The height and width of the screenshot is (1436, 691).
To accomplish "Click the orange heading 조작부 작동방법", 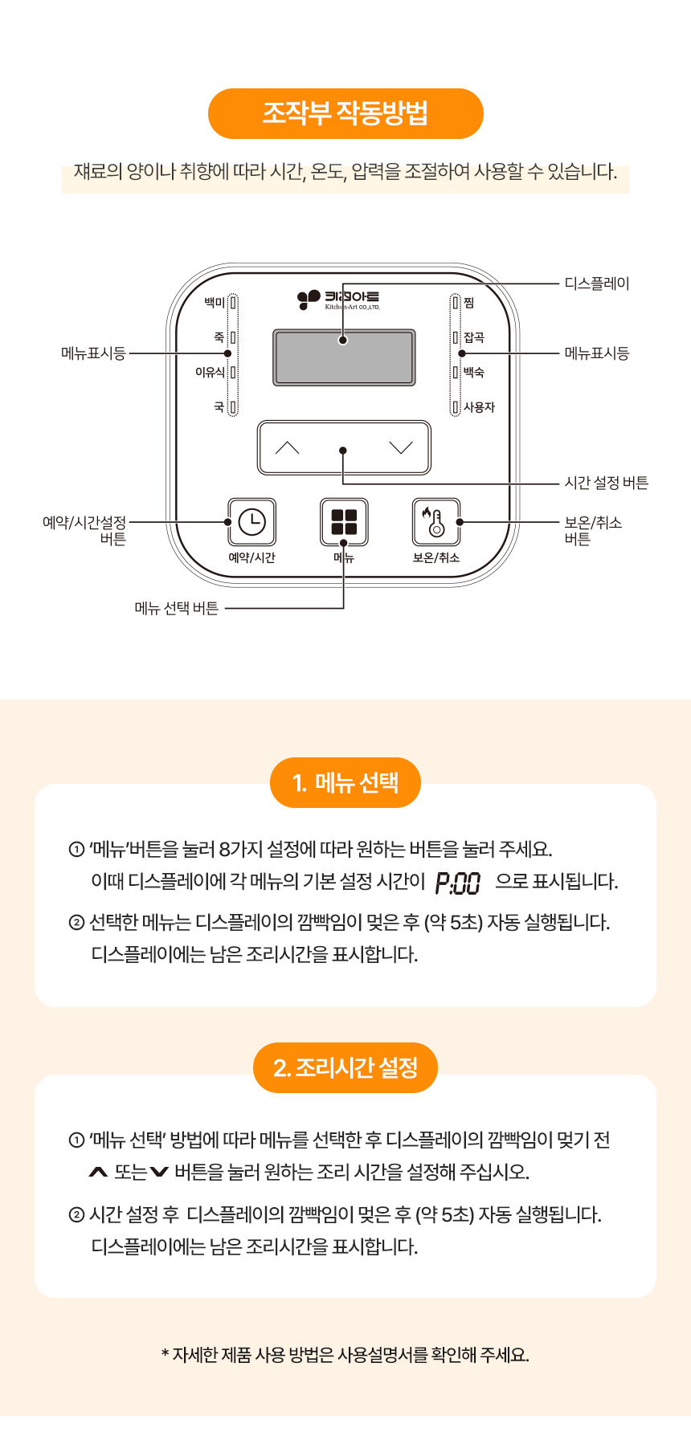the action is point(345,113).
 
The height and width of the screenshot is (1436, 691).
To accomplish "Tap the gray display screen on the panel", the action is point(344,357).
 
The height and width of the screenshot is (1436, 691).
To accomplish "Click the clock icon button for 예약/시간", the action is point(252,522).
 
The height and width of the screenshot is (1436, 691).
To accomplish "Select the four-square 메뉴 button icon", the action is point(344,522).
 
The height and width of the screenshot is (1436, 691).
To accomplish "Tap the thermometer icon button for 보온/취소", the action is point(436,522).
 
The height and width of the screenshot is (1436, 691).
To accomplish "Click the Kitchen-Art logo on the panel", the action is point(338,300).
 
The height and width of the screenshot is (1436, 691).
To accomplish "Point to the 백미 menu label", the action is point(215,303).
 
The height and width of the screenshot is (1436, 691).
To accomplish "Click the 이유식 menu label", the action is point(211,372).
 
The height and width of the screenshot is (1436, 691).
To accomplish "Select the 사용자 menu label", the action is point(479,407).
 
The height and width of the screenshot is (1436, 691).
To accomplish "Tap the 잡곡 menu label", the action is point(474,337).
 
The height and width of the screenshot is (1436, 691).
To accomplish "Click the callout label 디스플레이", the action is point(597,284).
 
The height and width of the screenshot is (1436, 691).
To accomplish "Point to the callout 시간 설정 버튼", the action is point(607,483).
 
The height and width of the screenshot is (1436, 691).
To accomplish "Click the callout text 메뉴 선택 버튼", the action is point(177,608).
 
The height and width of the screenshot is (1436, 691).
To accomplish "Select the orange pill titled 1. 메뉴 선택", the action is point(345,783).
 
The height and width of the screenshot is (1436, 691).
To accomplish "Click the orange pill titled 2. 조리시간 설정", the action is point(345,1068).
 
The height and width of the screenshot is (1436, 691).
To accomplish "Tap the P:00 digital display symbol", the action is point(458,883).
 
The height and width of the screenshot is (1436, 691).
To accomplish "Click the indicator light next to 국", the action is point(233,407).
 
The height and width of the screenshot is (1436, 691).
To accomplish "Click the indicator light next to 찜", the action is point(456,303).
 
